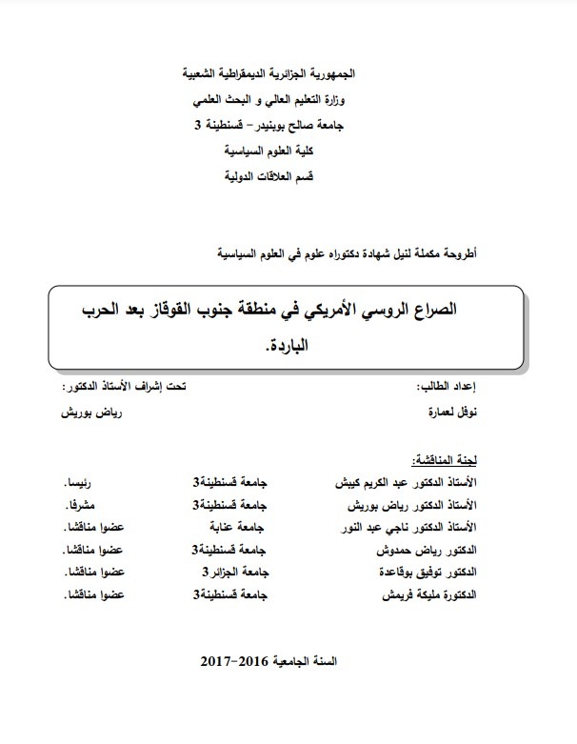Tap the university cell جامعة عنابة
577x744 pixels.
coord(234,527)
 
